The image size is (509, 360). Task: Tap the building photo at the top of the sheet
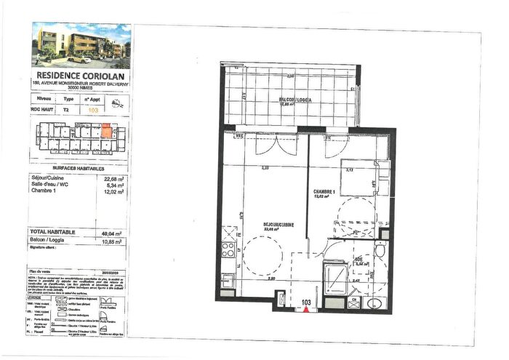click(81, 45)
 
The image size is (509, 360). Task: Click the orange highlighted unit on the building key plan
click(107, 132)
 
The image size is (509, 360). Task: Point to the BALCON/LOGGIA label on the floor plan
click(294, 99)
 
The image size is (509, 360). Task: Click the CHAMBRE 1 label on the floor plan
click(324, 193)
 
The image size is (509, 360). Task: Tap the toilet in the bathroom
click(379, 252)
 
